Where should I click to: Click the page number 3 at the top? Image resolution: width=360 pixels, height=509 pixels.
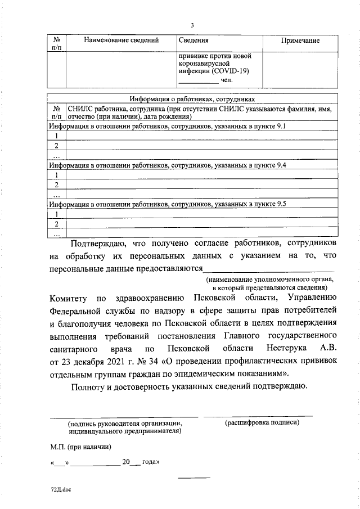point(192,26)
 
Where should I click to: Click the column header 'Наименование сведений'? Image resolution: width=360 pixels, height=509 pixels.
point(121,40)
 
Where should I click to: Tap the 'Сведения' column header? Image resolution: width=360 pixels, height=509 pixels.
point(194,40)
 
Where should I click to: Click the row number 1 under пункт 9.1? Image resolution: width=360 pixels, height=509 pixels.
point(57,136)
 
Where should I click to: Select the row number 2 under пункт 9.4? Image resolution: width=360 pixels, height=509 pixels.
point(57,184)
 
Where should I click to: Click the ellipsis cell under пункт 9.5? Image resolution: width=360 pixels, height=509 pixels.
point(57,233)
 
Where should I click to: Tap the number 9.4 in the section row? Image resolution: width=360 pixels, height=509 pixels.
point(280,166)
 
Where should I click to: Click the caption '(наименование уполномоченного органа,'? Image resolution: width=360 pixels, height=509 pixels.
point(269,280)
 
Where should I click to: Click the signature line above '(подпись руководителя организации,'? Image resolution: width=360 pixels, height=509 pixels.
point(124,416)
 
